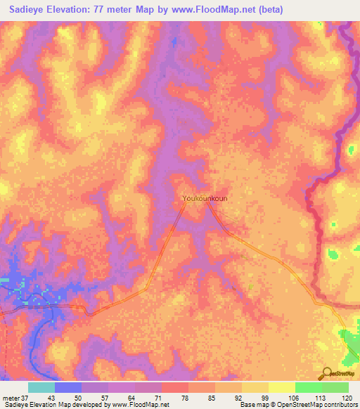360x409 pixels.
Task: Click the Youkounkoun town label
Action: [x=205, y=198]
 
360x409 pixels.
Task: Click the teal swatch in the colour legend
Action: [x=41, y=387]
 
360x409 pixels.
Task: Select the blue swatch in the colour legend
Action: [x=68, y=387]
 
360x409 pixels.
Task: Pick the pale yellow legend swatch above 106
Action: [x=282, y=387]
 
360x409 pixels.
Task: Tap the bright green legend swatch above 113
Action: [x=309, y=387]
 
